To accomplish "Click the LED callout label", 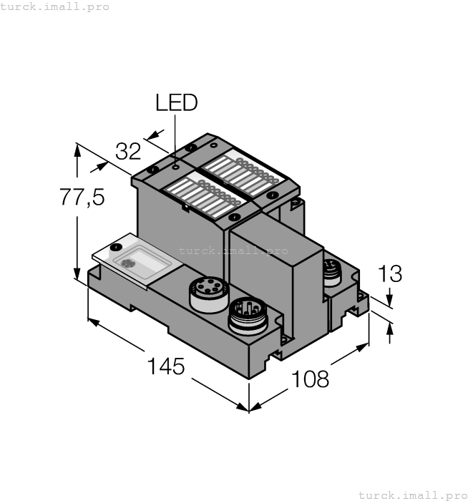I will pyautogui.click(x=176, y=103).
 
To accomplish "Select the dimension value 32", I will pyautogui.click(x=129, y=152).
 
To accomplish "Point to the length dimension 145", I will pyautogui.click(x=166, y=366).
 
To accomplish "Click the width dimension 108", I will pyautogui.click(x=310, y=379).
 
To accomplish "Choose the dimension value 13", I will pyautogui.click(x=389, y=274).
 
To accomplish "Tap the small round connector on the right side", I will pyautogui.click(x=331, y=271).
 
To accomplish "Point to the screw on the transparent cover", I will pyautogui.click(x=114, y=245).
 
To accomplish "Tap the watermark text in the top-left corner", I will pyautogui.click(x=55, y=6).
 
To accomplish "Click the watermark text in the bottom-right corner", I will pyautogui.click(x=411, y=495).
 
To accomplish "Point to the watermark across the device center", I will pyautogui.click(x=233, y=250).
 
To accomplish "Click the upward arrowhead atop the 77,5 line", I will pyautogui.click(x=77, y=149).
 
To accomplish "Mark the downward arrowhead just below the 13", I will pyautogui.click(x=389, y=301).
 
